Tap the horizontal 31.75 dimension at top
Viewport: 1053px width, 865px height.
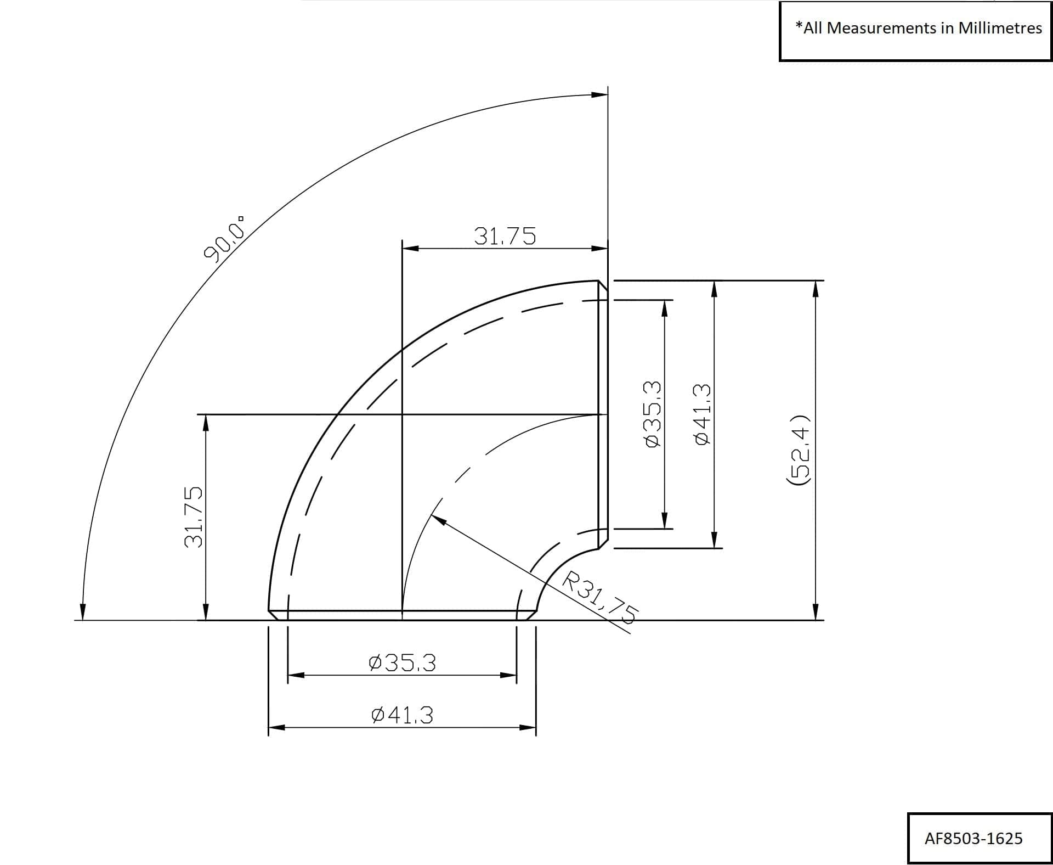pyautogui.click(x=505, y=236)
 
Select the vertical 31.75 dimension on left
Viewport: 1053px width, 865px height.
pyautogui.click(x=193, y=516)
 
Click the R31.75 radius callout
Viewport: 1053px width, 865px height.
pyautogui.click(x=600, y=597)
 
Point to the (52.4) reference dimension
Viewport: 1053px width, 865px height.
pyautogui.click(x=799, y=450)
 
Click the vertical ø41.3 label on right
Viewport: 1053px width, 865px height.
pyautogui.click(x=703, y=414)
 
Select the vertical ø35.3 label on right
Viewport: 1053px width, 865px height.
pyautogui.click(x=653, y=414)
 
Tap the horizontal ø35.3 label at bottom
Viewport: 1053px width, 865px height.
pyautogui.click(x=403, y=662)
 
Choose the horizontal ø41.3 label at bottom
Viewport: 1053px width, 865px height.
pyautogui.click(x=402, y=715)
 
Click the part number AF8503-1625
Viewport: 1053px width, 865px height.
pyautogui.click(x=973, y=838)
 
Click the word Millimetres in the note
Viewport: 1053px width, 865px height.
pyautogui.click(x=1000, y=28)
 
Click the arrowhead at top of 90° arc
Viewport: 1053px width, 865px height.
pyautogui.click(x=600, y=94)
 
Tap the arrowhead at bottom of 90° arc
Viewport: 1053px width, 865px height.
pyautogui.click(x=83, y=613)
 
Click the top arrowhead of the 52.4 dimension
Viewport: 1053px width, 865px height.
pyautogui.click(x=816, y=288)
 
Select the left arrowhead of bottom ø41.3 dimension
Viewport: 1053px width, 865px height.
pyautogui.click(x=276, y=728)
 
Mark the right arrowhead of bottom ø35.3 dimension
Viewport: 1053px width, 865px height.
pyautogui.click(x=509, y=675)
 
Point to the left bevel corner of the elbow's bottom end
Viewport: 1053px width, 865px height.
pyautogui.click(x=269, y=611)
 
